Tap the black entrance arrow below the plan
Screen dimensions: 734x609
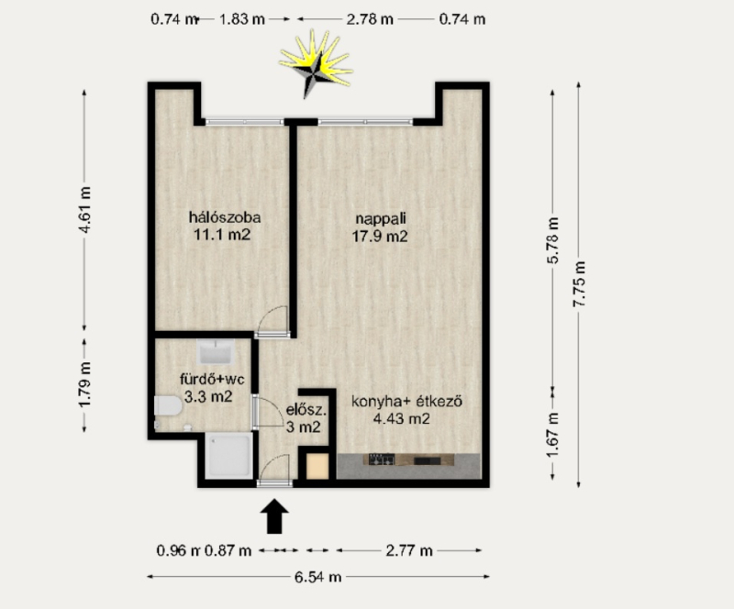tap(274, 515)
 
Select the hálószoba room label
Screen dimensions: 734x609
tap(225, 217)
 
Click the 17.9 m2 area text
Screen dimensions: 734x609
tap(380, 236)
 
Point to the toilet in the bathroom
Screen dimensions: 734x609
tap(168, 405)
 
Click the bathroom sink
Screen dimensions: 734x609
tap(216, 352)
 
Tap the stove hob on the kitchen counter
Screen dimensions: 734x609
tap(382, 460)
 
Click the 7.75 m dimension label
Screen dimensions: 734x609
tap(579, 284)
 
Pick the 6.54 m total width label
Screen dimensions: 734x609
tap(317, 577)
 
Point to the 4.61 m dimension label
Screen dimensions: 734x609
tap(84, 209)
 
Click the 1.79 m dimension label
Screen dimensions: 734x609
tap(84, 384)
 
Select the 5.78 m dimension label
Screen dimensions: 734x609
tap(553, 240)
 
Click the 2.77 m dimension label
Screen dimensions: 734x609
tap(409, 551)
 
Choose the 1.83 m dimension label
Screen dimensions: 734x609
tap(242, 19)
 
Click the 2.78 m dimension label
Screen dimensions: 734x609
tap(370, 19)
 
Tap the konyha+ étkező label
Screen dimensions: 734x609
tap(407, 402)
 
